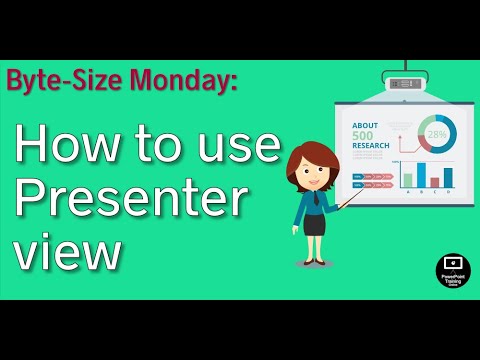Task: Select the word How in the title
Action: point(63,145)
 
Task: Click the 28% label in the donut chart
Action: point(436,134)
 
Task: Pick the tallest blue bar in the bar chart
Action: point(421,174)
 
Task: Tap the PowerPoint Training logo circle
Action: point(453,271)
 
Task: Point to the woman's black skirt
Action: point(315,223)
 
